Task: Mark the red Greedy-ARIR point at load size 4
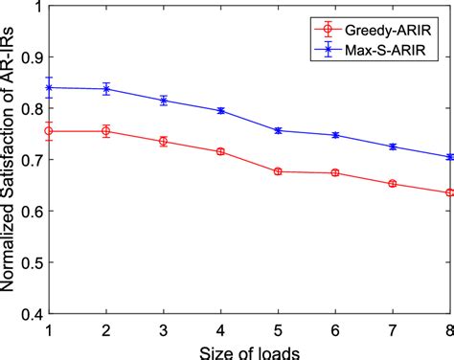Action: point(221,151)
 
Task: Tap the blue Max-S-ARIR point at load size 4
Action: point(221,111)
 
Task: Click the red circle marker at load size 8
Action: point(450,192)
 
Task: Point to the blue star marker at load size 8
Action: point(450,157)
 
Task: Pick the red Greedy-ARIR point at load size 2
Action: point(106,131)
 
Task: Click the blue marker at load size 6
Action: point(335,135)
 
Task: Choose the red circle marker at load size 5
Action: point(278,171)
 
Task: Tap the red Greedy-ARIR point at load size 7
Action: point(393,183)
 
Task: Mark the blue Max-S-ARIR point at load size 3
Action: point(164,101)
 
